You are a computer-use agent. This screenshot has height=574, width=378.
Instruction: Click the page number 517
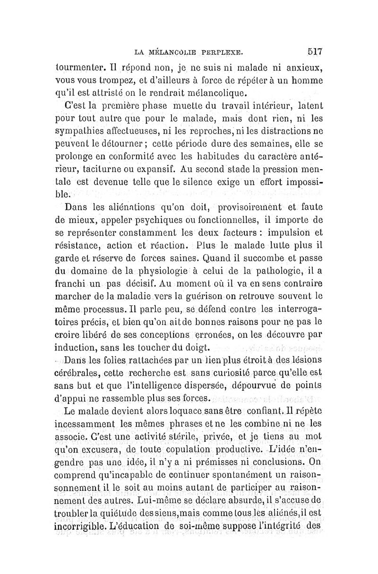click(314, 51)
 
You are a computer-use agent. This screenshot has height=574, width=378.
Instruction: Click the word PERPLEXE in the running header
click(222, 51)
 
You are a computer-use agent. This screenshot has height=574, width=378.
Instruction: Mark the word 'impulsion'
click(283, 233)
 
